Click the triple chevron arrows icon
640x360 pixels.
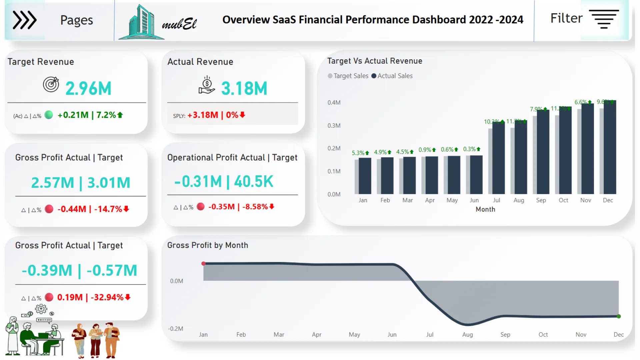coord(24,20)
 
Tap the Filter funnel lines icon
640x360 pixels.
coord(604,19)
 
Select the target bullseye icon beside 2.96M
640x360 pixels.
coord(51,84)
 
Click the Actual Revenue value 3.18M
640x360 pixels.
coord(244,89)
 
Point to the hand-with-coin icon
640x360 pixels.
coord(207,85)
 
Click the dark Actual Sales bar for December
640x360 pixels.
coord(610,147)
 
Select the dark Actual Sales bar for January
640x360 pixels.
coord(365,176)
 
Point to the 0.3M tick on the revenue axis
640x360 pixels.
coord(334,126)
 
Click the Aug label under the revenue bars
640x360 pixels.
coord(519,200)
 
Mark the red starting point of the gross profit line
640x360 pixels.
coord(203,264)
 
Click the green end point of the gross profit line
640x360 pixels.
coord(619,316)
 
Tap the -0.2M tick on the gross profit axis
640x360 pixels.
coord(175,329)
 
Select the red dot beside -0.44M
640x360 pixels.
coord(49,209)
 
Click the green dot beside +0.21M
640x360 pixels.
coord(49,115)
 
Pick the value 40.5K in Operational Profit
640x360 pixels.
coord(253,182)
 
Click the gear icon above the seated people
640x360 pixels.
coord(41,309)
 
